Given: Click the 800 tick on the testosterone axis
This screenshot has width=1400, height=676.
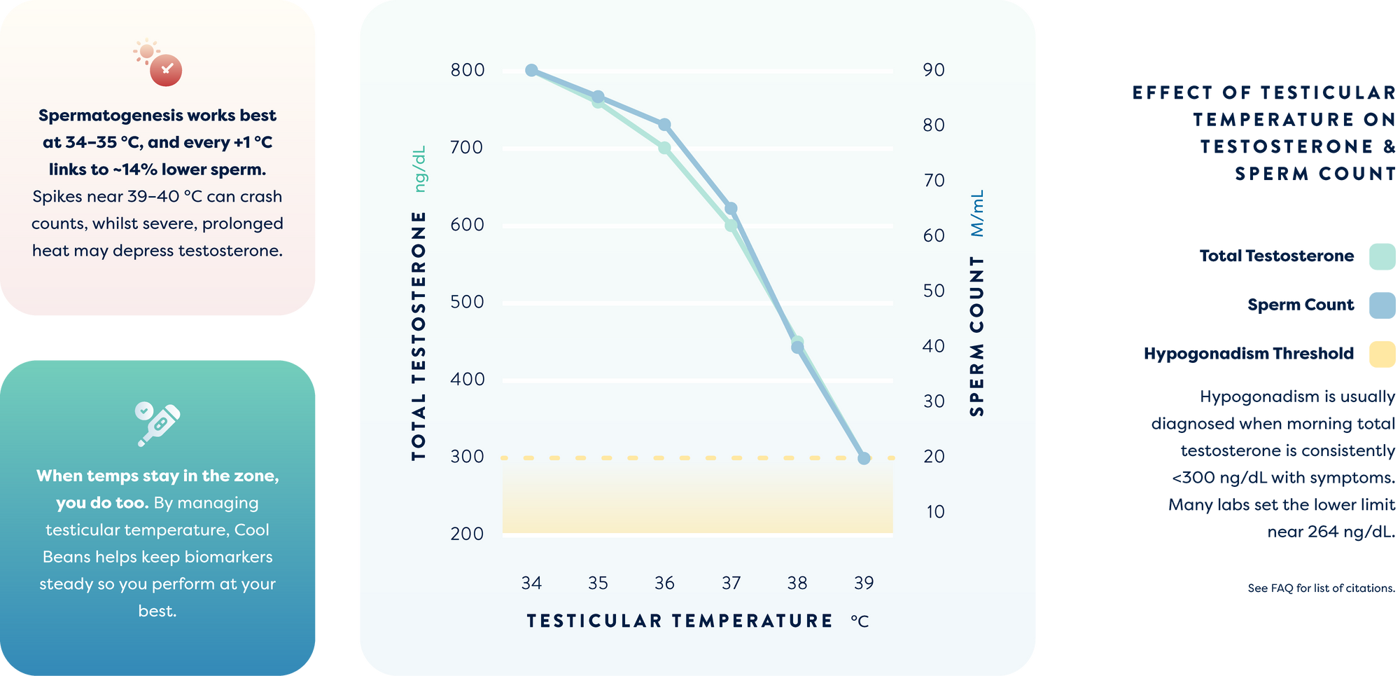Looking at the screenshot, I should click(x=468, y=70).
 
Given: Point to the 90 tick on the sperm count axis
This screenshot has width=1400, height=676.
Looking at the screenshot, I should click(x=934, y=70).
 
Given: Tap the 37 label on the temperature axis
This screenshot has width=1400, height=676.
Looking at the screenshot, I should click(x=731, y=583).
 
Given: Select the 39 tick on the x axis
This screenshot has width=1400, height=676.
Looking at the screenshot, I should click(x=864, y=583).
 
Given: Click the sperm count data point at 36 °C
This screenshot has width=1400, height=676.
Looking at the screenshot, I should click(x=664, y=125).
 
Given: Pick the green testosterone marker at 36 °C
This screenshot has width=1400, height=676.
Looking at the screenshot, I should click(x=664, y=148).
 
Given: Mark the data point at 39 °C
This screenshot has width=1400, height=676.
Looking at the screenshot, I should click(x=864, y=458).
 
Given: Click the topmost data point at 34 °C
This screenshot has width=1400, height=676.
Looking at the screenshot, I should click(x=531, y=70).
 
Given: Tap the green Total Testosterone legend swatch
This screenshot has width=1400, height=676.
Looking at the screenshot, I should click(x=1382, y=256).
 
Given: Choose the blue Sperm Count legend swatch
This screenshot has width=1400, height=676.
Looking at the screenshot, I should click(x=1382, y=305).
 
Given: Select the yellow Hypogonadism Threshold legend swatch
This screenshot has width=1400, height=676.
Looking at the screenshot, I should click(x=1382, y=354).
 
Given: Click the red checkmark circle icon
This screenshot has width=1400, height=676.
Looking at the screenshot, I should click(x=166, y=70).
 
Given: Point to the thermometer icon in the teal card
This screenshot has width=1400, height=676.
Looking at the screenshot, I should click(x=159, y=424).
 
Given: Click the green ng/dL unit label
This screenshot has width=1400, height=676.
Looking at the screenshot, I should click(x=419, y=169).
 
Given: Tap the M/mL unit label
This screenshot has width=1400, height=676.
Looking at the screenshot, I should click(x=977, y=213).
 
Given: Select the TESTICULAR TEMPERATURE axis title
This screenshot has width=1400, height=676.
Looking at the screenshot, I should click(x=680, y=621).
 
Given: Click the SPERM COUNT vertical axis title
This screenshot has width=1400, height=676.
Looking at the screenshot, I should click(x=977, y=336).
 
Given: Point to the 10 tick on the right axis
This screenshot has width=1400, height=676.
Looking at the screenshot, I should click(x=935, y=512).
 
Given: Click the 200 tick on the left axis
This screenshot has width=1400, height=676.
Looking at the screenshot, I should click(x=468, y=534).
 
